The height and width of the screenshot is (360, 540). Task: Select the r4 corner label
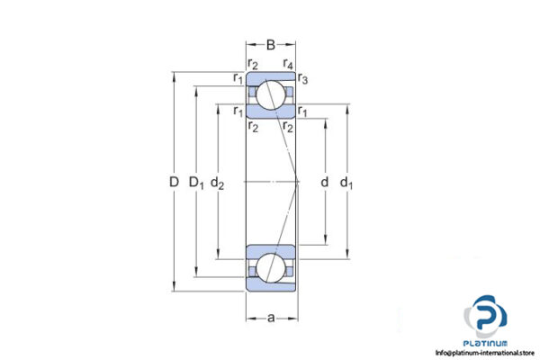coord(289,62)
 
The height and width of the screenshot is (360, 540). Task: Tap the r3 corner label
coord(304,80)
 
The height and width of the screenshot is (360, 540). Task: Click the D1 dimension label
coord(196,183)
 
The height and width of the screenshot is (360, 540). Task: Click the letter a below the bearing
coord(271,318)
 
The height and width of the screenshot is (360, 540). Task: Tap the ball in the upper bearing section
coord(271,93)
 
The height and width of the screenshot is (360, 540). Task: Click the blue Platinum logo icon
coord(488,319)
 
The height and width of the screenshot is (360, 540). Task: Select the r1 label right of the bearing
coord(304,112)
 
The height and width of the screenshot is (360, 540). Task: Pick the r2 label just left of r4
coord(254,62)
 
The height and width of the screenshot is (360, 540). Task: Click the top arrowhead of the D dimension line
coord(173,74)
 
